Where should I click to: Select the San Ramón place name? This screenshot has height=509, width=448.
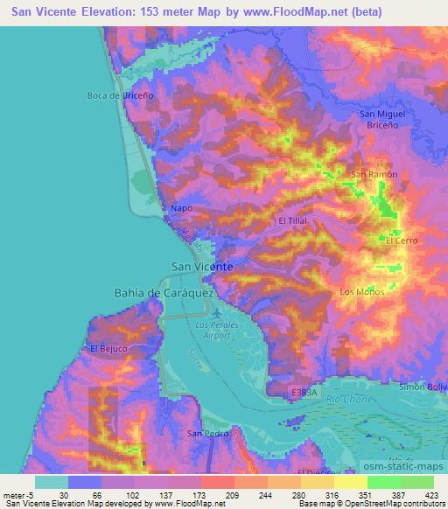click(x=374, y=174)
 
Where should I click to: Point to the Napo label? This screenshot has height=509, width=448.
click(x=180, y=208)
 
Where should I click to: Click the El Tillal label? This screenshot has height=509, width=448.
click(x=293, y=222)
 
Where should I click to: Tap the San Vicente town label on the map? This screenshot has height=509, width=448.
click(x=201, y=266)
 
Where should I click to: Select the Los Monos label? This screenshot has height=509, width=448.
click(x=360, y=291)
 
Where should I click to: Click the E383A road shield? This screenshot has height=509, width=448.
click(x=306, y=394)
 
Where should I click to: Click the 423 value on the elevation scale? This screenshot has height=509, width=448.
click(x=431, y=496)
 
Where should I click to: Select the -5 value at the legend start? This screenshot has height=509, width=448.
click(x=30, y=496)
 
